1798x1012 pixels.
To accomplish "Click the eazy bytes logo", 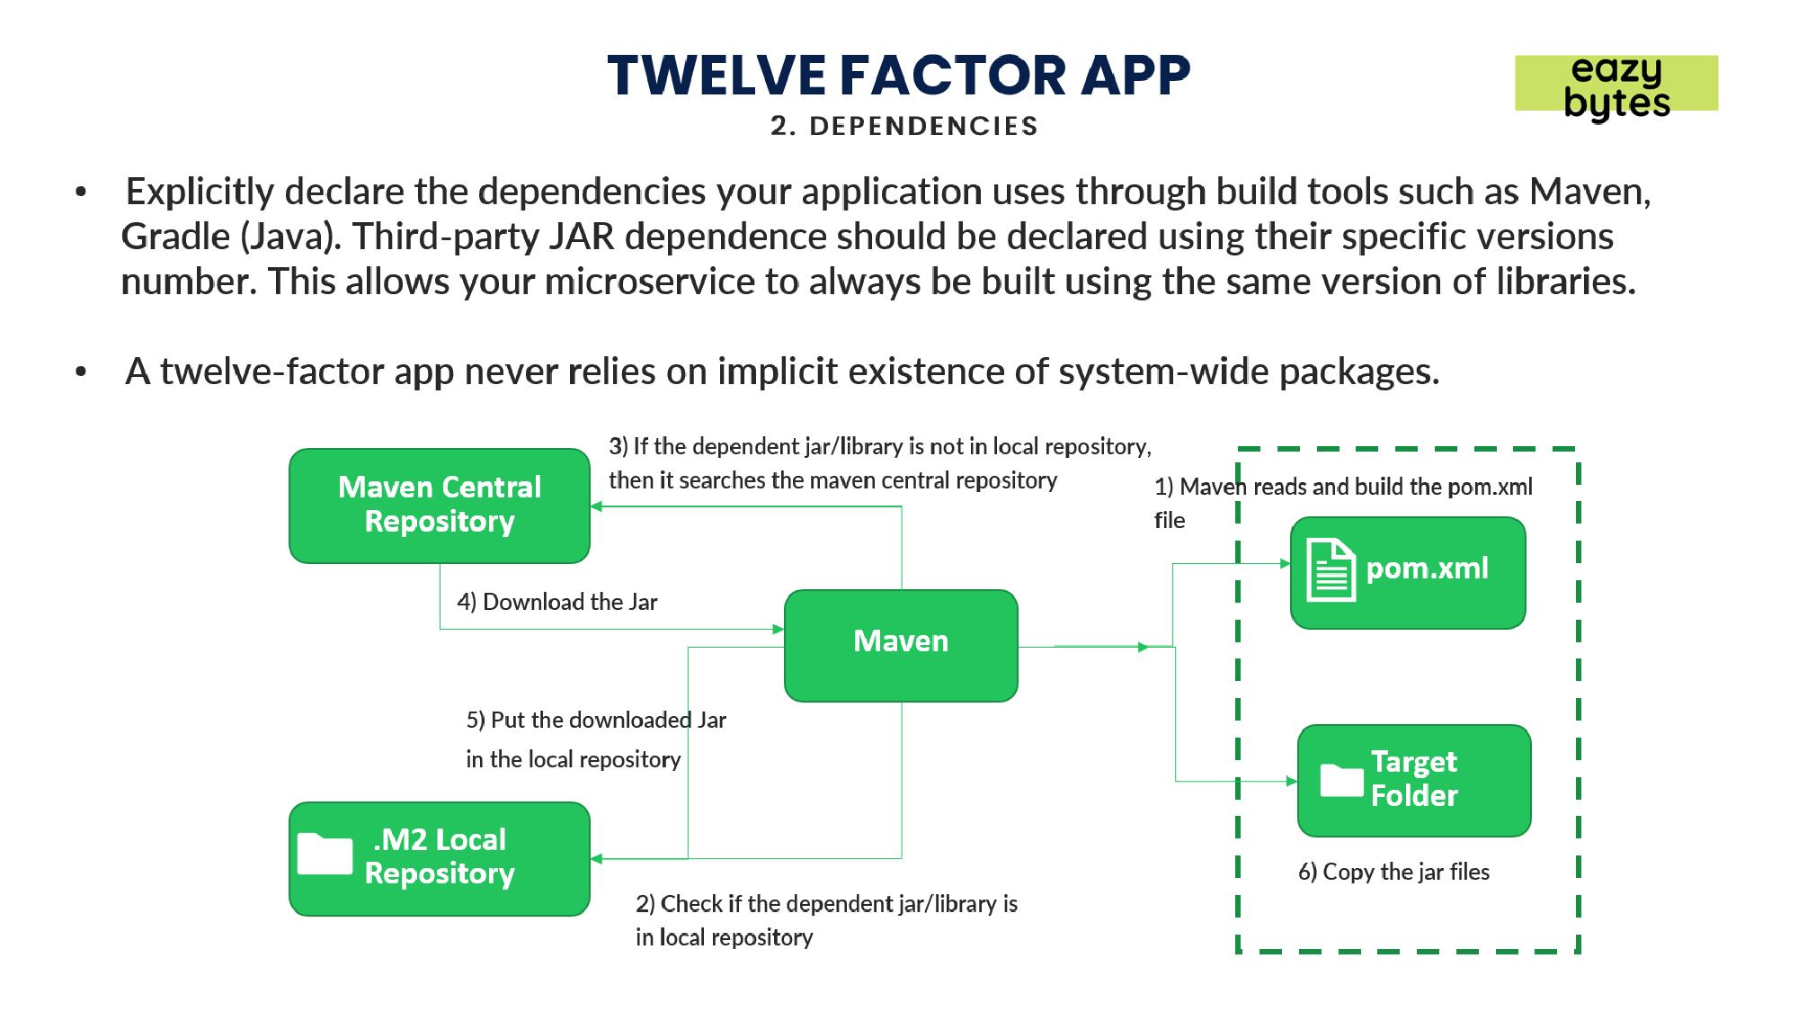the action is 1616,86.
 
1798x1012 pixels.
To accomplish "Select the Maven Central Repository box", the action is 440,506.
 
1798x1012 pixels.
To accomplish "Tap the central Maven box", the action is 901,646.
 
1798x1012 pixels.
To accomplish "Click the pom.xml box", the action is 1408,572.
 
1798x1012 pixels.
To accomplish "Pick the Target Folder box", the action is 1414,781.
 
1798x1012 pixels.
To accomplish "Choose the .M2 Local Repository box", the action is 440,859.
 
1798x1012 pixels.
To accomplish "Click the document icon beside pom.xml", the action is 1331,570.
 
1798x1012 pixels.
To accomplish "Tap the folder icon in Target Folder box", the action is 1341,780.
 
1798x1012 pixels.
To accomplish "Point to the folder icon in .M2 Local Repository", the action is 325,854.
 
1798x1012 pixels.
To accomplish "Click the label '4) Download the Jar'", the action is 557,602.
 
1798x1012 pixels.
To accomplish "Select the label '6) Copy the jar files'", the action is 1393,872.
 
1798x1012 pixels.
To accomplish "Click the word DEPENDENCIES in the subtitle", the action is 923,126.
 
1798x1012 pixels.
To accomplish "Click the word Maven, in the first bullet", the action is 1590,193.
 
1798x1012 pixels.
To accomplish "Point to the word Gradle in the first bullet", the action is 176,237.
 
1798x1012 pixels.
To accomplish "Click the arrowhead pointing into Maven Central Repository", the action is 596,506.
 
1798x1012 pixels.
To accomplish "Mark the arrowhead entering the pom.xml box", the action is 1286,564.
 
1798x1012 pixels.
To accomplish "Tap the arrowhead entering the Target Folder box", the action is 1292,781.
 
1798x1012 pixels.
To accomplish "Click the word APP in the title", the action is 1135,75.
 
